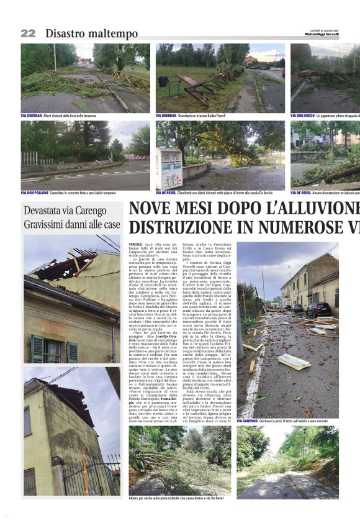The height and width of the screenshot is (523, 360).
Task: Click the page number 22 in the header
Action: point(28,34)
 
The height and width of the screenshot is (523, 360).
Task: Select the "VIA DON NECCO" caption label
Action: point(302,116)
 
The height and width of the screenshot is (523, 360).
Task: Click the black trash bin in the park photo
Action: point(163,81)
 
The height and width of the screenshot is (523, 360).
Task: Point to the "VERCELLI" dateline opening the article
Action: point(135,245)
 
